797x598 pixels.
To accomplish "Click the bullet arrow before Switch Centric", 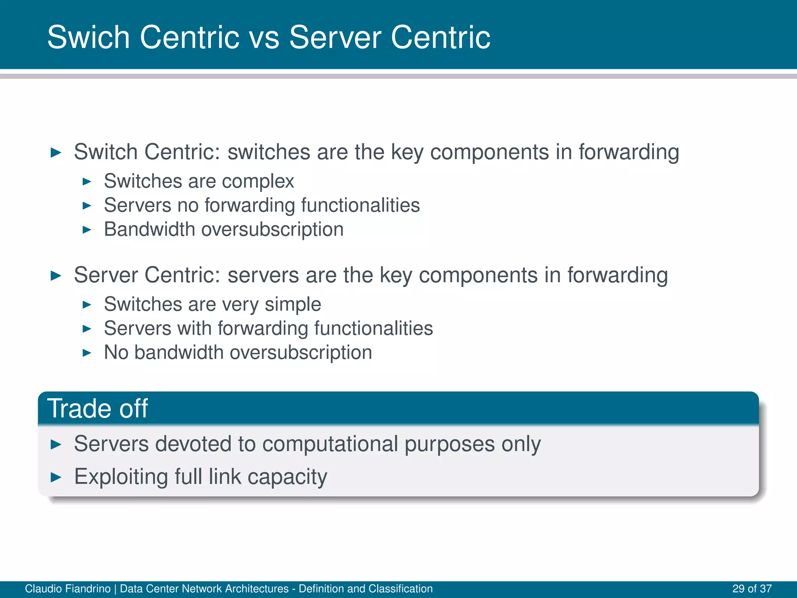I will tap(56, 152).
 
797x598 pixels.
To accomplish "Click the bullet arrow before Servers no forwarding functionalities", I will tap(87, 206).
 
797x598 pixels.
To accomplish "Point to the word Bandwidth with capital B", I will tap(149, 229).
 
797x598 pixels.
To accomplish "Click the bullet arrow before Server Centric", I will tap(56, 276).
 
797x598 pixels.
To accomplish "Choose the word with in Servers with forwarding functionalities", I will tap(194, 328).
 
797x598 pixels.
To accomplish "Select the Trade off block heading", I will tap(98, 408).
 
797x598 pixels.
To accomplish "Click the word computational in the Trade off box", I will tap(330, 444).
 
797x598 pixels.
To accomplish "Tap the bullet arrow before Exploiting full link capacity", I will tap(56, 477).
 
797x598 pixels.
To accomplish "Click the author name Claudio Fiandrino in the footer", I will tap(68, 589).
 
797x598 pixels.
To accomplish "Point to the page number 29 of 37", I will tap(752, 589).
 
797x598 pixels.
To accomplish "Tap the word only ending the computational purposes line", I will tap(521, 444).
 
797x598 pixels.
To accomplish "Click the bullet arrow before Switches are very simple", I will tap(87, 304).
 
